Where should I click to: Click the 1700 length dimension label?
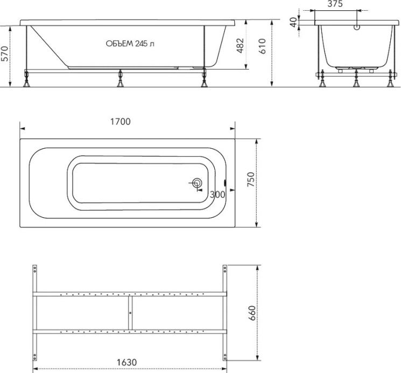[x=120, y=121]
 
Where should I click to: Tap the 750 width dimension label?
[x=251, y=179]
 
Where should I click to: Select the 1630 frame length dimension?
[x=126, y=362]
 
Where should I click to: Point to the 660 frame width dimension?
[x=252, y=313]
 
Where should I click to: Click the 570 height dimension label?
[x=5, y=54]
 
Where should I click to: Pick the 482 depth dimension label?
[x=240, y=46]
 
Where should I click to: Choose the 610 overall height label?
[x=262, y=46]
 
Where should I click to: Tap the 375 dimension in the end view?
[x=335, y=4]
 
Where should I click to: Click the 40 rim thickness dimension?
[x=294, y=22]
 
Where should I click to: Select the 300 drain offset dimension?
[x=217, y=195]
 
